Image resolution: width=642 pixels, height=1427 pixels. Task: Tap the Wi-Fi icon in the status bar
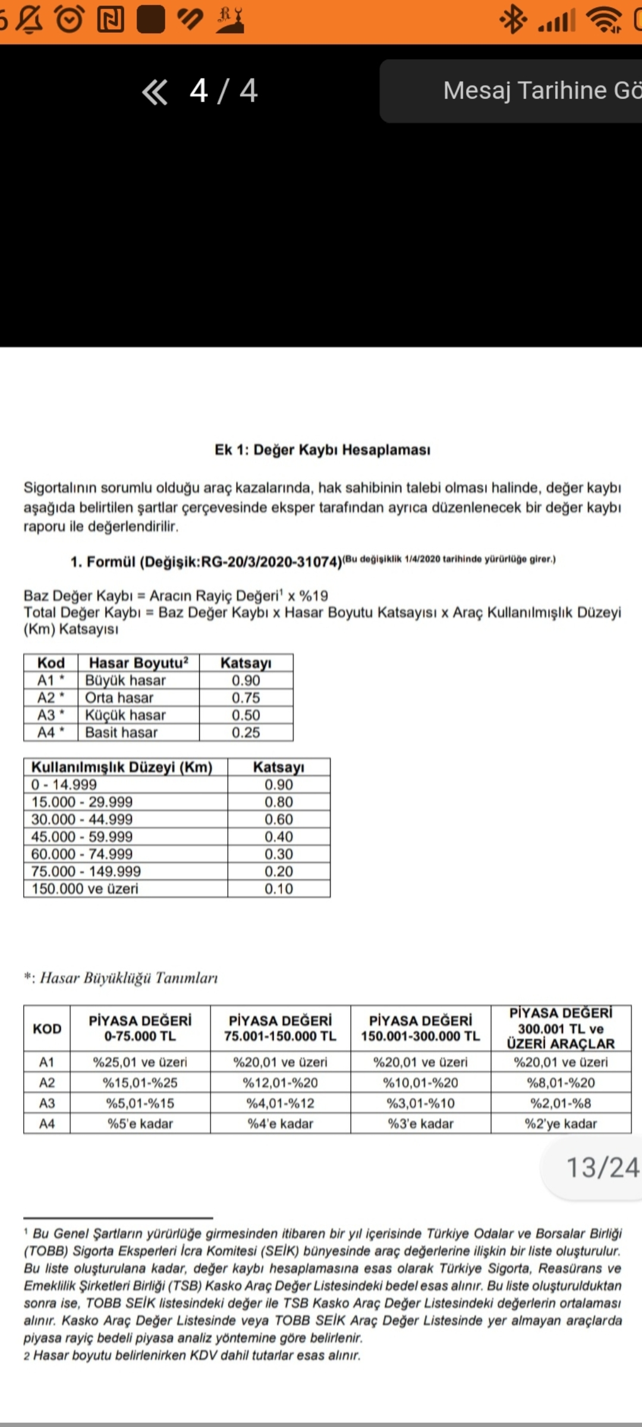click(x=605, y=20)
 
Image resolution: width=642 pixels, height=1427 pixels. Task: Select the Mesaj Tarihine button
click(x=541, y=91)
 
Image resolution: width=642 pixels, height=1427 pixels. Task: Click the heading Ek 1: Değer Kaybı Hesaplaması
click(x=322, y=450)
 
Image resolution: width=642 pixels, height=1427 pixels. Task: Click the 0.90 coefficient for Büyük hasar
click(x=246, y=680)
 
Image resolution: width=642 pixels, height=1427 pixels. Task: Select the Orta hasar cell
click(x=119, y=697)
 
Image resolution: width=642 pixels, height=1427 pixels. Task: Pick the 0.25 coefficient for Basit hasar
click(x=246, y=733)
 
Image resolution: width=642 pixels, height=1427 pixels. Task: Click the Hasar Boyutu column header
click(x=138, y=663)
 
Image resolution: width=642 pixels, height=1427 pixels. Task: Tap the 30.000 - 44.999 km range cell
click(x=82, y=819)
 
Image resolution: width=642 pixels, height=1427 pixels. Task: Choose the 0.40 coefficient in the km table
click(x=278, y=837)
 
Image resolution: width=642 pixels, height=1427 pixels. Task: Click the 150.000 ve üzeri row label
click(x=85, y=889)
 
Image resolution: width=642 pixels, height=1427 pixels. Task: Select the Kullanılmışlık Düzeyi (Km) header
click(x=122, y=767)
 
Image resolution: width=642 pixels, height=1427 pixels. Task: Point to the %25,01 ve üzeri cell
click(x=140, y=1062)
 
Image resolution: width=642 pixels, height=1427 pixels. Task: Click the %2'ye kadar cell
click(x=561, y=1124)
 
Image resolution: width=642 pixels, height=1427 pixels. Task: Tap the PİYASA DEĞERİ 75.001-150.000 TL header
click(x=280, y=1028)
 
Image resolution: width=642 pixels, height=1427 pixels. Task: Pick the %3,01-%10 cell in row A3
click(x=420, y=1104)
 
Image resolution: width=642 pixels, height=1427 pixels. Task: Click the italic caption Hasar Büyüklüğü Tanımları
click(x=128, y=978)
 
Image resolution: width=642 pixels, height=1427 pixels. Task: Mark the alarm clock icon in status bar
click(x=70, y=20)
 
